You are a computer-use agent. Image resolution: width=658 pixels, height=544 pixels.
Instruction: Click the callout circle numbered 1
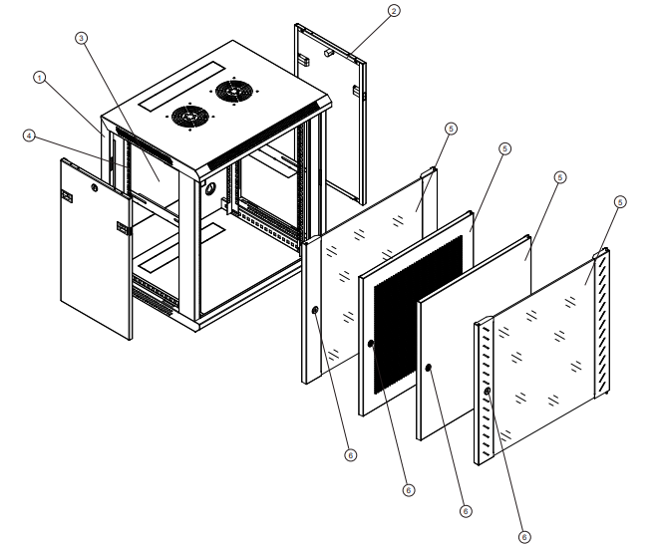click(x=40, y=77)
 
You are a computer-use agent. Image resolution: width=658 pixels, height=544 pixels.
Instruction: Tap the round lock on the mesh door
click(x=371, y=345)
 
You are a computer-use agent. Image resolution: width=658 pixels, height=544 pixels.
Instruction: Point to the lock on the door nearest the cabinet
click(x=315, y=311)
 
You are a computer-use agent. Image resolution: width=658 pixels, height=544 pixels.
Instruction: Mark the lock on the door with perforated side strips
click(x=488, y=392)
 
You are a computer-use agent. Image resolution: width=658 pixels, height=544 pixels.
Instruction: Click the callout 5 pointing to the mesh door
click(x=504, y=148)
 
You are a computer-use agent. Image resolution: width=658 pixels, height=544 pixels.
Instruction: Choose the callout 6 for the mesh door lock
click(x=408, y=491)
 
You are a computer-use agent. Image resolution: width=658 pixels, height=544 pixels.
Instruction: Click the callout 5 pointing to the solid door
click(x=559, y=176)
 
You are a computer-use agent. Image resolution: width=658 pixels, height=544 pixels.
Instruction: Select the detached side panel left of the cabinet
click(x=96, y=249)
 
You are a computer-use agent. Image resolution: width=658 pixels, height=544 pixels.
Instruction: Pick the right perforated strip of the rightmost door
click(x=602, y=319)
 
